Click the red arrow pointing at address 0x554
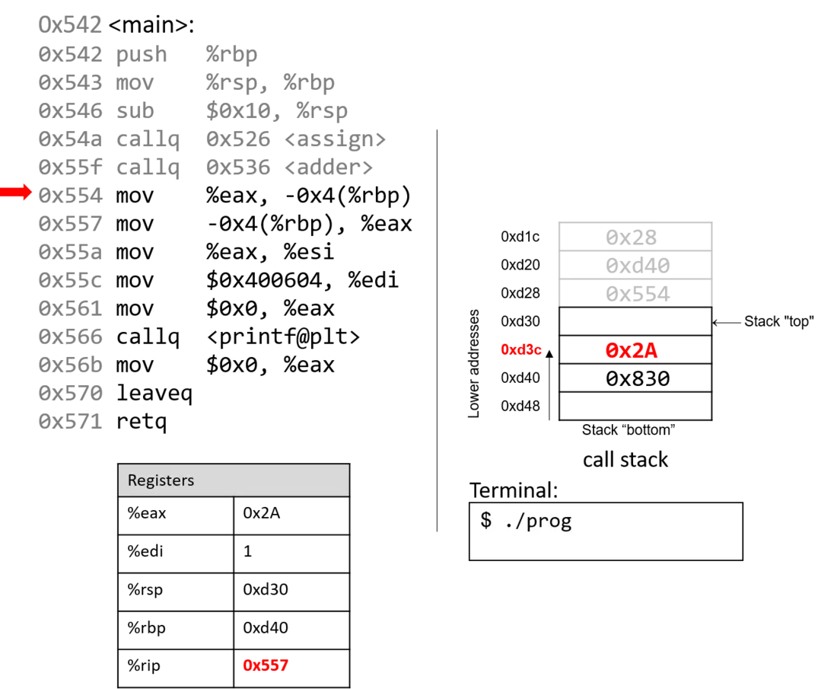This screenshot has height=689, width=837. (16, 192)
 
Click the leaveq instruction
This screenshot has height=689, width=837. (154, 393)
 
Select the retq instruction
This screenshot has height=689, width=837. (142, 422)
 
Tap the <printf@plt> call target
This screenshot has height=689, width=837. (283, 337)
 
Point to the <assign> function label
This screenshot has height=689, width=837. (335, 139)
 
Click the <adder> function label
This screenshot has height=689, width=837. (328, 167)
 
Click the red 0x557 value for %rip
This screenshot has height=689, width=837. (266, 665)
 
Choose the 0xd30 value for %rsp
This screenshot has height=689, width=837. (266, 589)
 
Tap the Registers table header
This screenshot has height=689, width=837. (234, 480)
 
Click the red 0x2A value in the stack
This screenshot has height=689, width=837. (632, 350)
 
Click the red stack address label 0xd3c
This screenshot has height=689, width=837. (521, 350)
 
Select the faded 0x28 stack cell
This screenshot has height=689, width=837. (635, 237)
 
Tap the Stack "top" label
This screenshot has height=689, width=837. (779, 321)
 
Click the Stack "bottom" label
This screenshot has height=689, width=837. (629, 430)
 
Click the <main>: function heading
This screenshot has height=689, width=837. (151, 24)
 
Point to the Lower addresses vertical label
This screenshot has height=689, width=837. (473, 363)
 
